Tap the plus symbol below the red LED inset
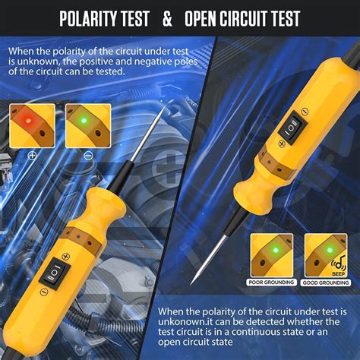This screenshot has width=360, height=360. tap(33, 154)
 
